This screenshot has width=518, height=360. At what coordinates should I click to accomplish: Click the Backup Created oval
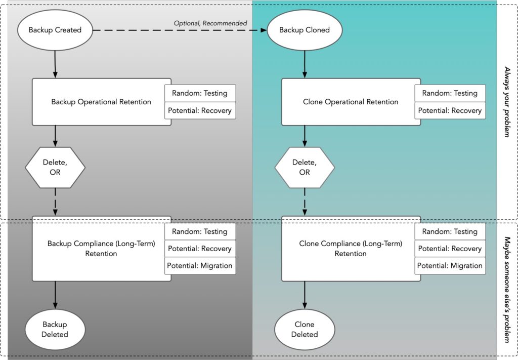[x=55, y=30]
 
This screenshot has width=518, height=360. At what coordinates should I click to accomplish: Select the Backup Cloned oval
[x=305, y=30]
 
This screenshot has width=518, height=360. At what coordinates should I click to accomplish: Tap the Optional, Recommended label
[x=210, y=23]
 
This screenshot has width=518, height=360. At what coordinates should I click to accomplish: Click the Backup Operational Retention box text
[x=101, y=102]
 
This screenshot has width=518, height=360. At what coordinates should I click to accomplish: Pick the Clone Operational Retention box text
[x=351, y=102]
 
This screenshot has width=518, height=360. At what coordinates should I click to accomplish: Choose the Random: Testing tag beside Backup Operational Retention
[x=200, y=93]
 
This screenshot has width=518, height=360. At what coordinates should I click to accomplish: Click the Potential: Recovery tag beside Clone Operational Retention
[x=450, y=110]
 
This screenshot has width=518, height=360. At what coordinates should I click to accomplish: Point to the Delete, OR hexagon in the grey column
[x=55, y=167]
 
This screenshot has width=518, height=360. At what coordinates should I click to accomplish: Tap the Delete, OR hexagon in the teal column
[x=305, y=167]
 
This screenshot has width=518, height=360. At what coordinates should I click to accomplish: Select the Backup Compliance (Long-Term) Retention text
[x=101, y=248]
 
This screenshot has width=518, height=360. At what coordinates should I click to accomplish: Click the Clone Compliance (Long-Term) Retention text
[x=351, y=248]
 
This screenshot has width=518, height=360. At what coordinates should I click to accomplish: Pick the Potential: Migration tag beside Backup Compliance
[x=200, y=265]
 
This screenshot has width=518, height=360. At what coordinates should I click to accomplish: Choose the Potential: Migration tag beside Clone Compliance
[x=450, y=265]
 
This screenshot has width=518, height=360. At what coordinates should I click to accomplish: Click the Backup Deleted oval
[x=55, y=329]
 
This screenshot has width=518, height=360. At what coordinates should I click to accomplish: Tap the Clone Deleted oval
[x=305, y=329]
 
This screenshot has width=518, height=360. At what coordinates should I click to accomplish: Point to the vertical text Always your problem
[x=507, y=102]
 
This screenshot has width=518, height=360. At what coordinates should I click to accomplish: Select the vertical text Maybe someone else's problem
[x=507, y=289]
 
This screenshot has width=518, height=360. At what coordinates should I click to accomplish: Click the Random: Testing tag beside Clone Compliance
[x=450, y=231]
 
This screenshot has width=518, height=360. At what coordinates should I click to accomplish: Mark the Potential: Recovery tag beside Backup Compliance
[x=200, y=249]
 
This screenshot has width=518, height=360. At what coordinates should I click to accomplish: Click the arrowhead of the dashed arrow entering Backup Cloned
[x=264, y=30]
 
